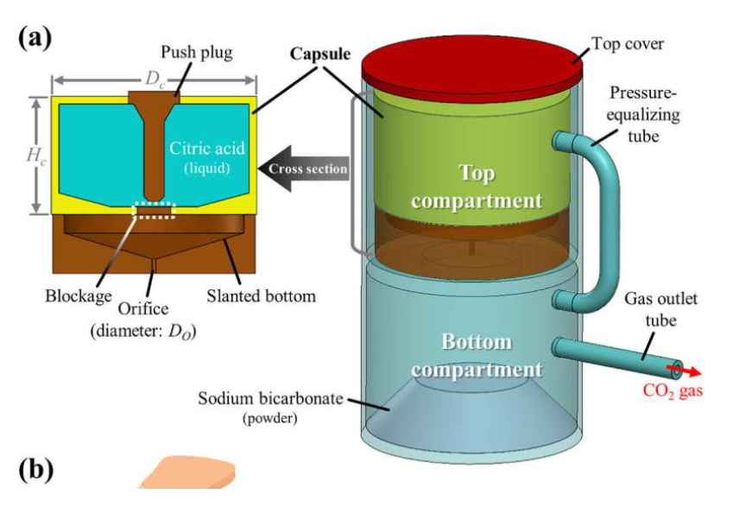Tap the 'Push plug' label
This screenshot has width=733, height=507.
(x=196, y=53)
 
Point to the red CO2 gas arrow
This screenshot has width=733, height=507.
(x=684, y=371)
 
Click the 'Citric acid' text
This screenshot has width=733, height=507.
(x=206, y=149)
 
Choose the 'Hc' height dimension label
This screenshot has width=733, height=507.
(x=36, y=155)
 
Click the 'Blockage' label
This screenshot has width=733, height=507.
(x=78, y=296)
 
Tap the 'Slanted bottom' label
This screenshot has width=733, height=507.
(x=261, y=296)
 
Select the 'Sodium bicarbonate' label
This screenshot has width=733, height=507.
(x=270, y=398)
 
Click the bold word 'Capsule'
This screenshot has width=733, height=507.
(x=319, y=54)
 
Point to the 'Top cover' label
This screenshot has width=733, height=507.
(x=628, y=43)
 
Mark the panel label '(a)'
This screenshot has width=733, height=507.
(x=35, y=37)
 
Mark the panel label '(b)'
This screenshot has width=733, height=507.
(x=35, y=469)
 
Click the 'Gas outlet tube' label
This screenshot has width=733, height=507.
(x=660, y=309)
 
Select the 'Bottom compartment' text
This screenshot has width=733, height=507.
(x=477, y=356)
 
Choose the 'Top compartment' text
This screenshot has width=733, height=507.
(x=477, y=187)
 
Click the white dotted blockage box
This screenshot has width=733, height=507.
(x=155, y=211)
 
